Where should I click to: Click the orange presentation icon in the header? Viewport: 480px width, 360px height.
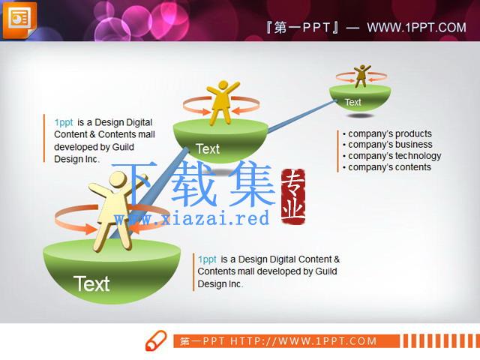pyautogui.click(x=19, y=20)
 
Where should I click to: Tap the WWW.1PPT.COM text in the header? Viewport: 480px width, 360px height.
pyautogui.click(x=417, y=28)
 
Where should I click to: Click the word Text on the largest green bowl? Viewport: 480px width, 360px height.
pyautogui.click(x=91, y=283)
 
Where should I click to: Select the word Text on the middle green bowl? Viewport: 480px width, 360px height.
pyautogui.click(x=208, y=149)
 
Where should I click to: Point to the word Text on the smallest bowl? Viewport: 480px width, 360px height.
pyautogui.click(x=353, y=102)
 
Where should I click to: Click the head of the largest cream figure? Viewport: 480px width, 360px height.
pyautogui.click(x=118, y=180)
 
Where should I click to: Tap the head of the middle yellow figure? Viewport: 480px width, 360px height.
pyautogui.click(x=223, y=85)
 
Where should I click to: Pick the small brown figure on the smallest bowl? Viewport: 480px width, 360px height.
pyautogui.click(x=361, y=76)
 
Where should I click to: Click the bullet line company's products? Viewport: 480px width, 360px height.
pyautogui.click(x=387, y=133)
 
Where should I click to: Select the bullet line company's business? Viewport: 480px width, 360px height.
pyautogui.click(x=388, y=145)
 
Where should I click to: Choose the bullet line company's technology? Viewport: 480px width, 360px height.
pyautogui.click(x=391, y=156)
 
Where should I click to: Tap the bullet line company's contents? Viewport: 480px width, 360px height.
pyautogui.click(x=387, y=167)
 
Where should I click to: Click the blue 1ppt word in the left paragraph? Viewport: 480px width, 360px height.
pyautogui.click(x=64, y=122)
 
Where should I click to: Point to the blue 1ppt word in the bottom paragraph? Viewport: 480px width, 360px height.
pyautogui.click(x=207, y=259)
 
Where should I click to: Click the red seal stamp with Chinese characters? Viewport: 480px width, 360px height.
pyautogui.click(x=293, y=196)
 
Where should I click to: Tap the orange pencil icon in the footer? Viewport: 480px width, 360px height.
pyautogui.click(x=156, y=340)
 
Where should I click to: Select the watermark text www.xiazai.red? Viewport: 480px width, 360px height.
pyautogui.click(x=192, y=218)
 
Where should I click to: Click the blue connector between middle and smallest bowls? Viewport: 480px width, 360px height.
pyautogui.click(x=302, y=116)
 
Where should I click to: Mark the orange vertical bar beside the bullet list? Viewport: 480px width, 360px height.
pyautogui.click(x=337, y=151)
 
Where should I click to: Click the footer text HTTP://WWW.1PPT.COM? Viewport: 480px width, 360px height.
pyautogui.click(x=303, y=341)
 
